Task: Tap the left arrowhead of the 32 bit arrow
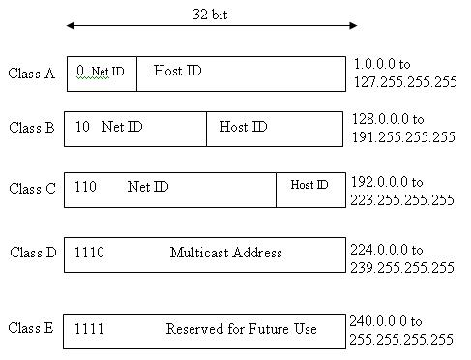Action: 70,26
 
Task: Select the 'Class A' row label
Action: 32,74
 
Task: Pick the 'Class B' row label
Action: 32,128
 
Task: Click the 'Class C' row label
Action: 33,189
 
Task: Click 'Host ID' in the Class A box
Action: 178,71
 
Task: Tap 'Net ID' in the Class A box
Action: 107,72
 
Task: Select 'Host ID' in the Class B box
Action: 243,127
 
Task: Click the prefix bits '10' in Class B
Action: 82,127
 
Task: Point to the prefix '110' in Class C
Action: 86,186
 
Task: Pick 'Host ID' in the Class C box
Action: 309,185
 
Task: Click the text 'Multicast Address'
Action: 225,253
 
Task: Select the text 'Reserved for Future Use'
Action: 241,329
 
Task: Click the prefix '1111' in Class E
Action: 89,329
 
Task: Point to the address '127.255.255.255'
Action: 403,82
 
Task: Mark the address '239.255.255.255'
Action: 402,265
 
